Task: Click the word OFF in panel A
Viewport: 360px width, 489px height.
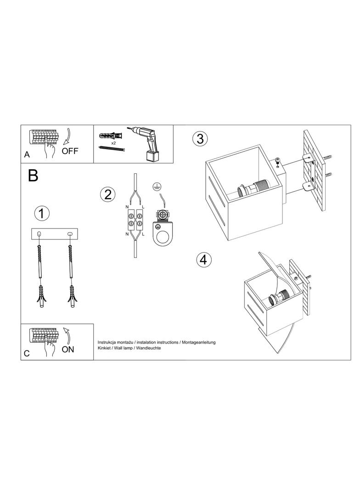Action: (x=70, y=151)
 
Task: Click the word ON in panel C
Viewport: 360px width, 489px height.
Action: (x=68, y=349)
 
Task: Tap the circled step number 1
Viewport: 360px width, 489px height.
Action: (x=42, y=214)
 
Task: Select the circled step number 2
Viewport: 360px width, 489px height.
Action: (x=108, y=194)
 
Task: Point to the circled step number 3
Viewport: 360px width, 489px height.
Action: (x=200, y=139)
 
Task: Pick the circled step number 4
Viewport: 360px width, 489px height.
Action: (x=203, y=260)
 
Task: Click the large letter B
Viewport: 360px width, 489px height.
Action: (x=33, y=176)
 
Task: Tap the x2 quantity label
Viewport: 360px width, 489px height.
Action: (x=114, y=143)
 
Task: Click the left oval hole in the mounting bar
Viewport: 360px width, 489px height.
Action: (x=39, y=234)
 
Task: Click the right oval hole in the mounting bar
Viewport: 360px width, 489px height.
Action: (x=69, y=234)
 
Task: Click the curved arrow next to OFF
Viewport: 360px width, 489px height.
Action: (x=67, y=137)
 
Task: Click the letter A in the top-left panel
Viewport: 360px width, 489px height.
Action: (x=27, y=155)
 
